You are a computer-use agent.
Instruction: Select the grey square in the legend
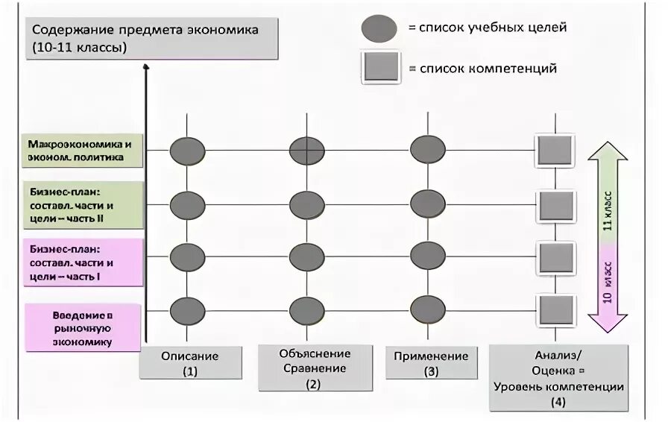[380, 69]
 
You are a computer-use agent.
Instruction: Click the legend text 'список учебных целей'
[488, 28]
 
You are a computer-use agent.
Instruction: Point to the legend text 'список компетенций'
[488, 69]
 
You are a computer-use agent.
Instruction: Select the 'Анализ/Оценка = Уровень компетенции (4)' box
[558, 378]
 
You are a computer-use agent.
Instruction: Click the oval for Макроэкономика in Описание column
[187, 151]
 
